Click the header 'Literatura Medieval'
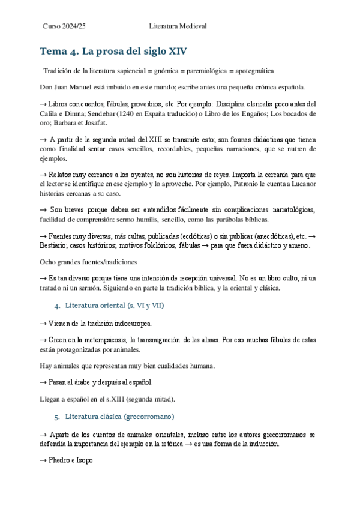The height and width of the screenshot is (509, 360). click(178, 26)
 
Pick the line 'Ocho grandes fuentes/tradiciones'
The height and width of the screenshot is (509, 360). click(88, 262)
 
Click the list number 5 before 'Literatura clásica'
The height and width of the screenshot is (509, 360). click(56, 416)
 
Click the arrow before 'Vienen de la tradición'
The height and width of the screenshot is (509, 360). click(42, 324)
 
